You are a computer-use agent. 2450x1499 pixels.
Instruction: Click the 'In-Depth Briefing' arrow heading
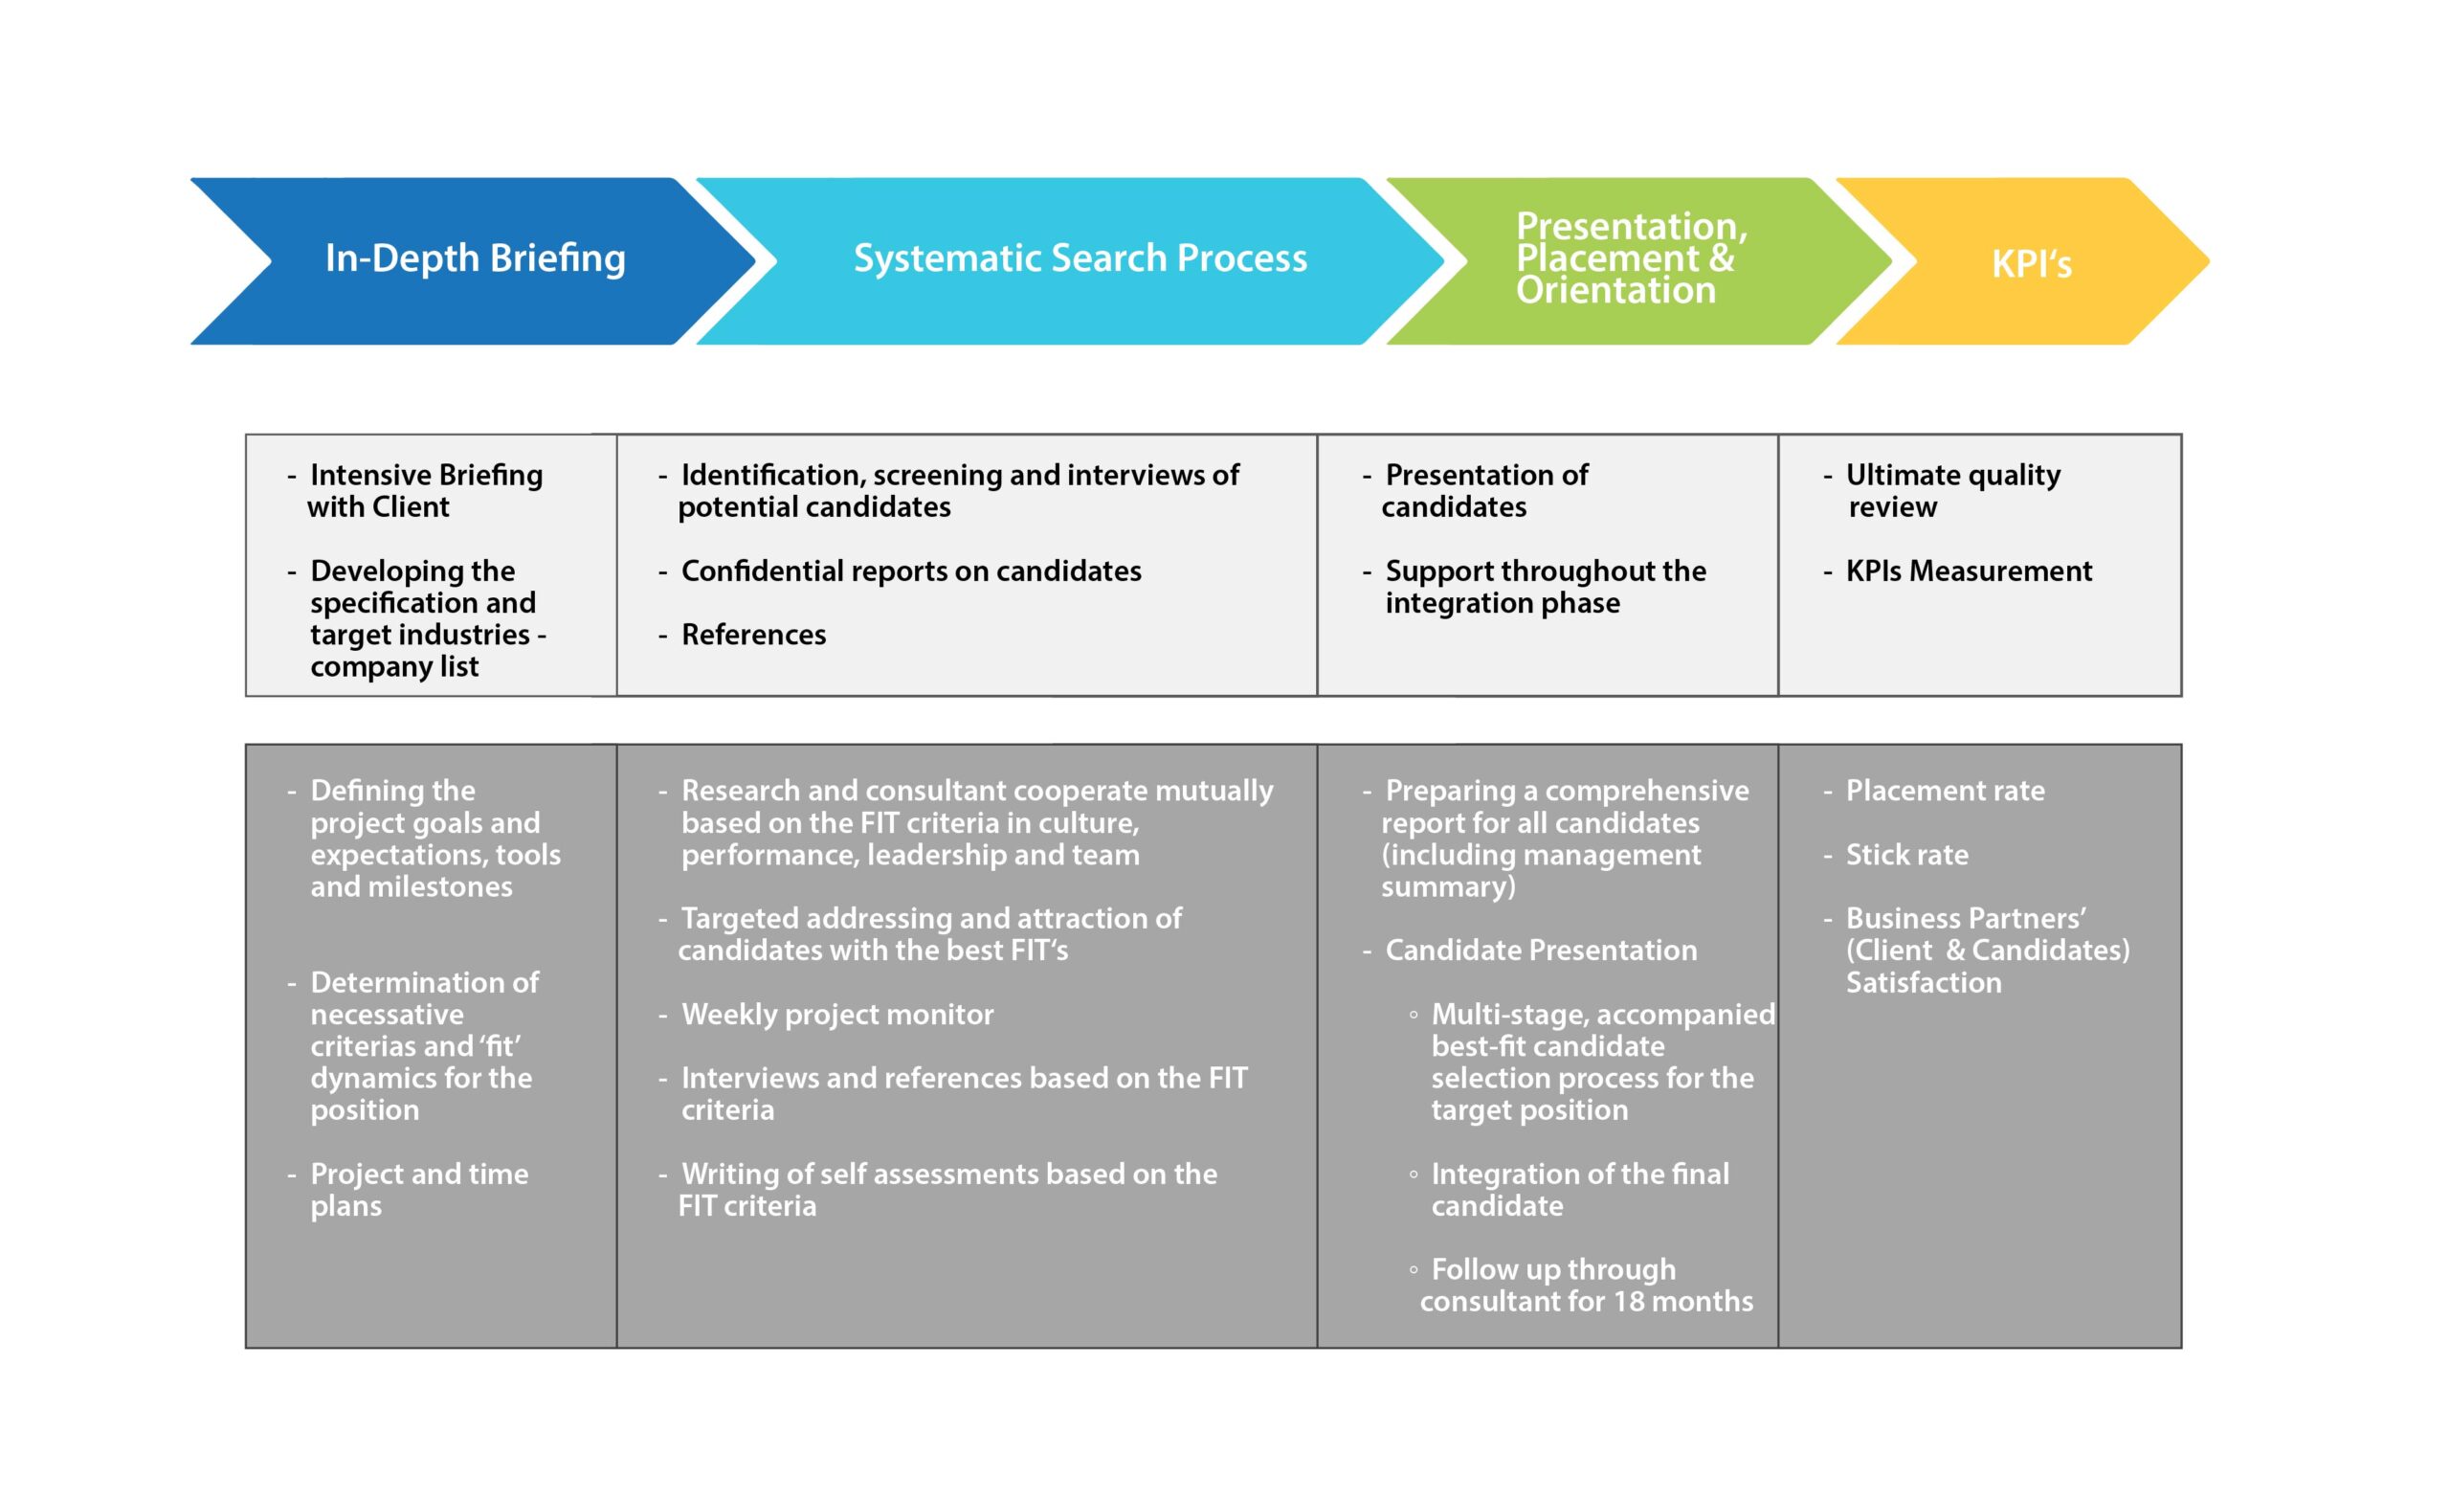(476, 258)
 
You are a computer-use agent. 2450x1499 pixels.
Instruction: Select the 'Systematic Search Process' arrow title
(1080, 258)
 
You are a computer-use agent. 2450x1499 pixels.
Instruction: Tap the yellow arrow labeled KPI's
(2022, 261)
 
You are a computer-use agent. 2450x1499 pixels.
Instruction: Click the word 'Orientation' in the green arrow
(1615, 290)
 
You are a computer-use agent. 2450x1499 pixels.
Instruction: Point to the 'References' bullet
(752, 635)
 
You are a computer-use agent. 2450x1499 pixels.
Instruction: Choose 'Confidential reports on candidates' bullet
(911, 571)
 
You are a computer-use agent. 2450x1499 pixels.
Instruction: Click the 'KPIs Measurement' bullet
(1969, 571)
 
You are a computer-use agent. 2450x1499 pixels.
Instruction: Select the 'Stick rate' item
(1907, 855)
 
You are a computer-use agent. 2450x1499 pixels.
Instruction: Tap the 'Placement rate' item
(1945, 791)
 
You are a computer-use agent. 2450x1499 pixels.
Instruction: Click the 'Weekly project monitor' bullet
(837, 1015)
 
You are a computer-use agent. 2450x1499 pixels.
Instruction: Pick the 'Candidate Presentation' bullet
(1541, 950)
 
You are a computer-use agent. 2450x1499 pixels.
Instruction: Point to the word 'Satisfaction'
(1924, 983)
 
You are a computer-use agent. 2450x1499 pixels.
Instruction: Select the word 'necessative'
(387, 1015)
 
